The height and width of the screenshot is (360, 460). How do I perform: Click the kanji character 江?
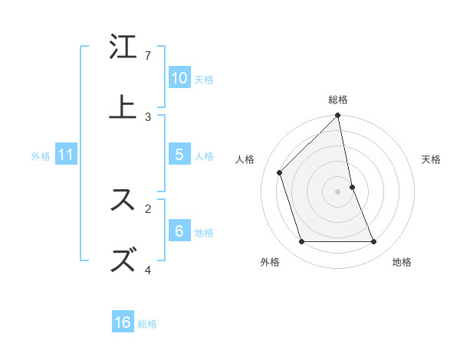(x=123, y=48)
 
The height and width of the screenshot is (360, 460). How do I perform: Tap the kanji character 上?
(x=123, y=106)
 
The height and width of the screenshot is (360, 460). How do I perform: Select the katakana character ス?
(x=123, y=200)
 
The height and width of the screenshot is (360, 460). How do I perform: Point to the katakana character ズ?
(x=123, y=260)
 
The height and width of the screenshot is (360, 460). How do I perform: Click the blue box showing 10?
(x=179, y=78)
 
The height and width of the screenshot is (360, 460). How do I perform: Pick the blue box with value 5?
(x=179, y=155)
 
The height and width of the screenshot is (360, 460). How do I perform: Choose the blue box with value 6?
(x=179, y=231)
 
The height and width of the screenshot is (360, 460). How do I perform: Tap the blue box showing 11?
(x=66, y=155)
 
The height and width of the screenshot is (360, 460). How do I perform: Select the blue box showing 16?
(x=123, y=322)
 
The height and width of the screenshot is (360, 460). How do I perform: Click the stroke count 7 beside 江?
(x=148, y=56)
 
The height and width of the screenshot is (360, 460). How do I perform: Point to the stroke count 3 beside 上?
(x=148, y=116)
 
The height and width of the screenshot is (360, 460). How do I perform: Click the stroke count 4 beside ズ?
(x=148, y=269)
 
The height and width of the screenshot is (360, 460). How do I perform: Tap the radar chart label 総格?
(x=338, y=100)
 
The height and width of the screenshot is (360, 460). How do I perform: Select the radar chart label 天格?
(x=431, y=159)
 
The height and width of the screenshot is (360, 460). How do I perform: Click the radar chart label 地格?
(x=402, y=262)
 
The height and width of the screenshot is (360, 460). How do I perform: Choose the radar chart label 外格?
(x=270, y=262)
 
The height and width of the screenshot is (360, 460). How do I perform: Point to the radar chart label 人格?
(x=245, y=159)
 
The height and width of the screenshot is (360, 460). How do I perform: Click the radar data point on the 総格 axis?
(x=338, y=116)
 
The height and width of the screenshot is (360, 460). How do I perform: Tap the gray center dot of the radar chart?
(x=338, y=191)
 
